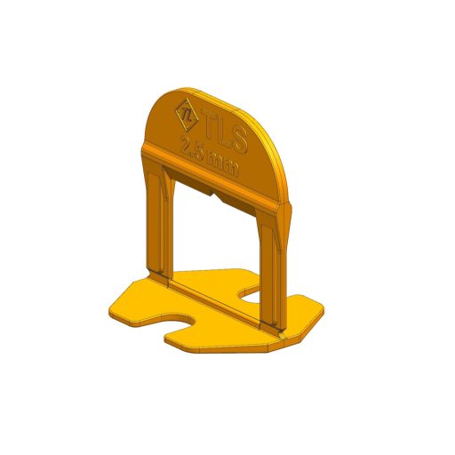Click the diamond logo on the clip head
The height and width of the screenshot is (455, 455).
pos(187,115)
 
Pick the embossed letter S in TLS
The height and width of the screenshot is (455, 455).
pos(239,140)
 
